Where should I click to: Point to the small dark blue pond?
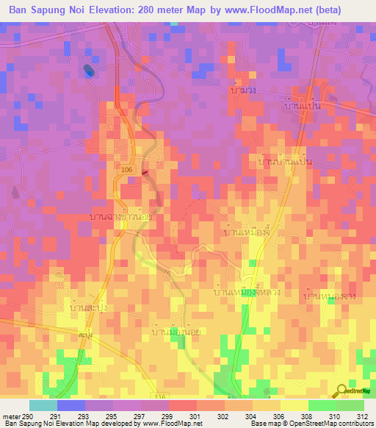tap(89, 71)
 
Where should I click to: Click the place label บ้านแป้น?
tap(302, 107)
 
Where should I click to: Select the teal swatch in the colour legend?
tap(43, 404)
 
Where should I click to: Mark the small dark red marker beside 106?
tap(144, 174)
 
